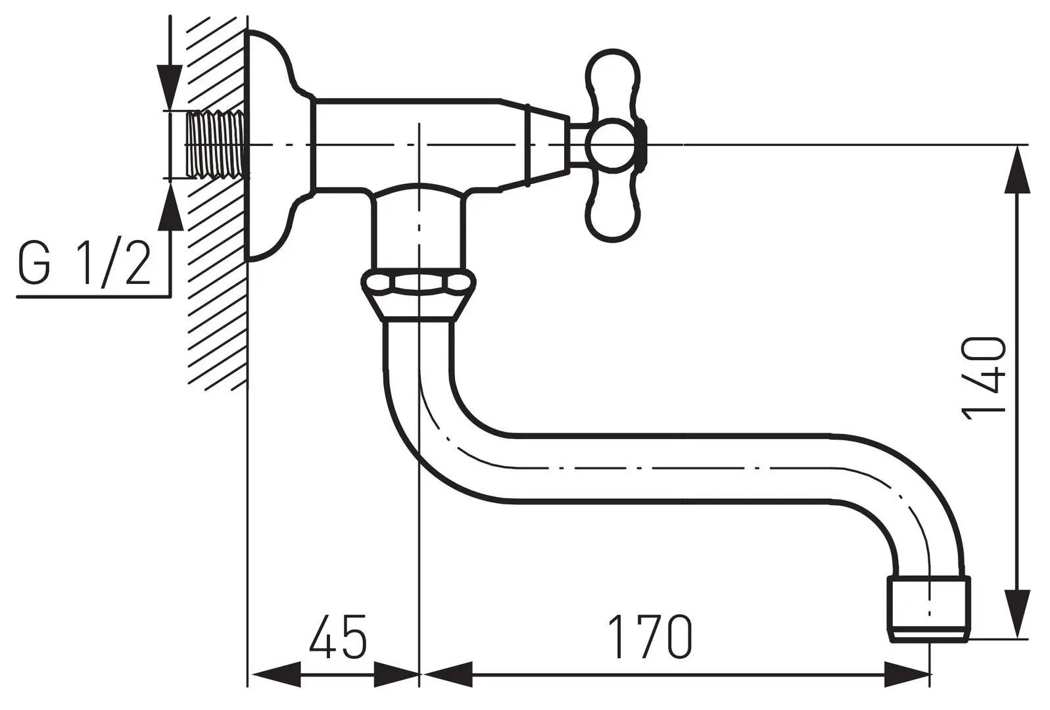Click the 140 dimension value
pos(984,376)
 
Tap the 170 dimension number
pos(649,637)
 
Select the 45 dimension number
pos(338,637)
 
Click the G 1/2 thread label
pos(84,263)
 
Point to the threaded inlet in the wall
pos(216,144)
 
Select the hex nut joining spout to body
pos(418,283)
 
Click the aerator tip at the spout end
pos(928,609)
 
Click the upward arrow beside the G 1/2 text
pos(170,206)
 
